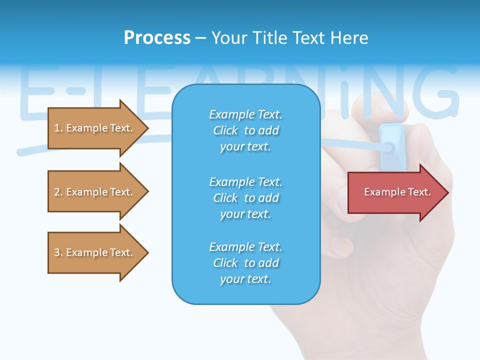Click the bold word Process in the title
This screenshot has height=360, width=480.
tap(157, 37)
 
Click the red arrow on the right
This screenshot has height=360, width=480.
tap(395, 192)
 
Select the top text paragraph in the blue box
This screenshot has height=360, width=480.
tap(245, 130)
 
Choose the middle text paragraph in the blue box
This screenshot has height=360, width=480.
tap(245, 198)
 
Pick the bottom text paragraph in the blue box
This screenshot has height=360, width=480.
tap(245, 263)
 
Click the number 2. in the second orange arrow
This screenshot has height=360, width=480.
tap(58, 192)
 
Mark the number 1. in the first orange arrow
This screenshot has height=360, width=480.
tap(58, 128)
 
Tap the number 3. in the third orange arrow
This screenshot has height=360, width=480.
tap(58, 252)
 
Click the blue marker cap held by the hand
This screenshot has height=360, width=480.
tap(391, 145)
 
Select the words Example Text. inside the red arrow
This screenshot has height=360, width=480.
tap(397, 192)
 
